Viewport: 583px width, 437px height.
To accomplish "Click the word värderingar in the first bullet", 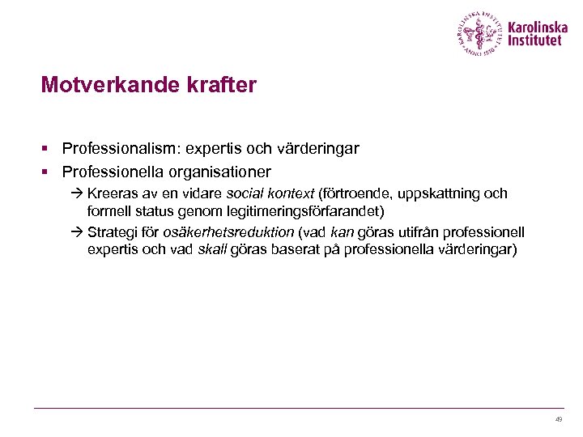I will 318,149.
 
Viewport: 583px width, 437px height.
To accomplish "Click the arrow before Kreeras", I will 76,194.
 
